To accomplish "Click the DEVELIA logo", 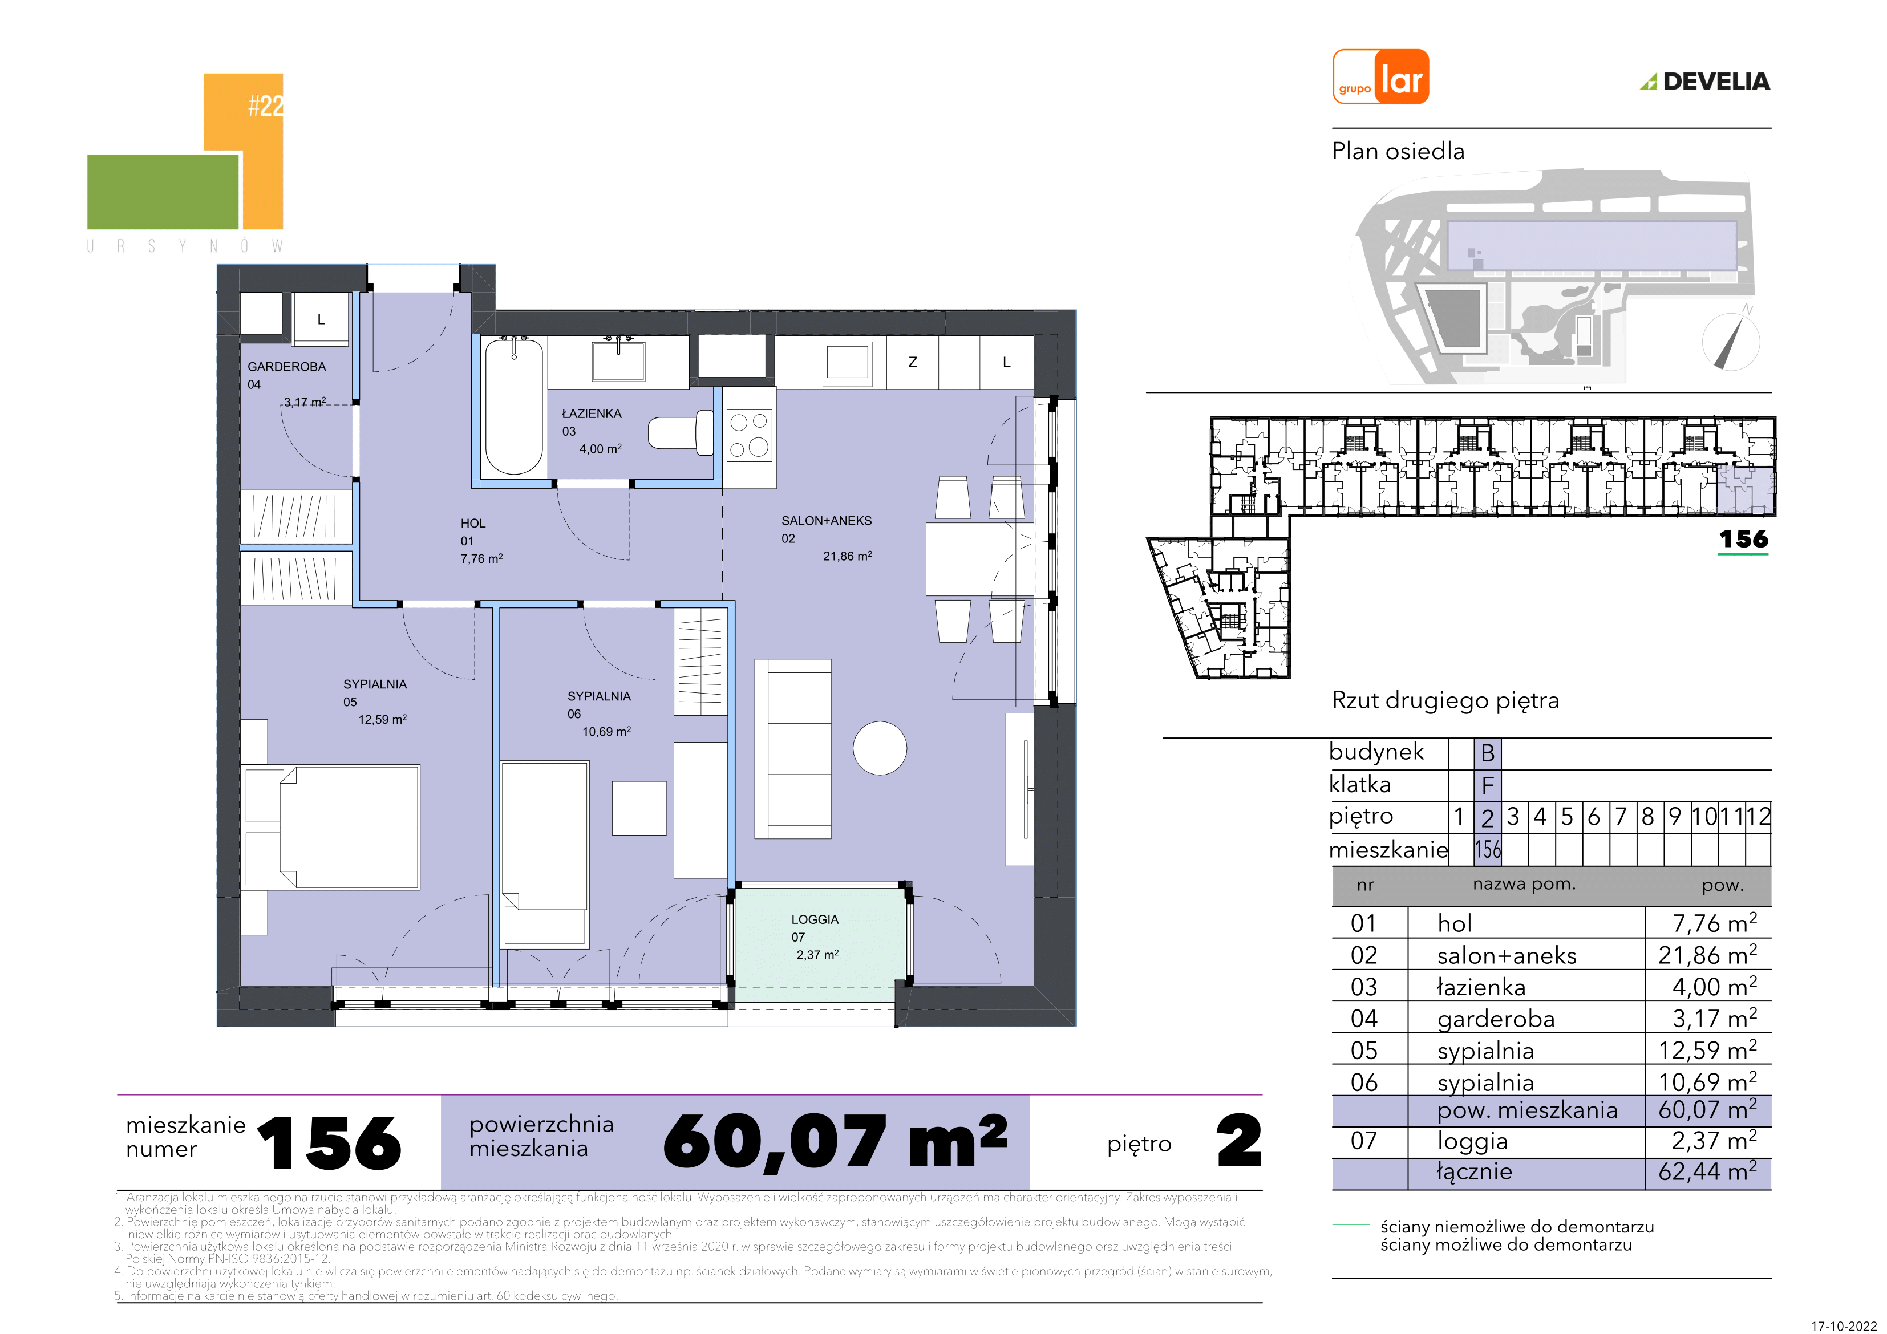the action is tap(1704, 82).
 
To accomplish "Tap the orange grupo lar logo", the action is tap(1380, 76).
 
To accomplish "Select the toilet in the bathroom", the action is tap(681, 432).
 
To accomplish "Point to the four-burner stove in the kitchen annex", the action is tap(749, 436).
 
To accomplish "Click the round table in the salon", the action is tap(880, 748).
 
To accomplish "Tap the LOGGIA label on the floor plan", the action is tap(815, 920).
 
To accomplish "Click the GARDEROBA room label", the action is tap(287, 367).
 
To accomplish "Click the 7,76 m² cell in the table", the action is tap(1714, 923).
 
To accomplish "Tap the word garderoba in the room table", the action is tap(1496, 1020).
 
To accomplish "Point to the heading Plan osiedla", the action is tap(1398, 151).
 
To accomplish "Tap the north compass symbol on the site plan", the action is tap(1731, 339).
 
